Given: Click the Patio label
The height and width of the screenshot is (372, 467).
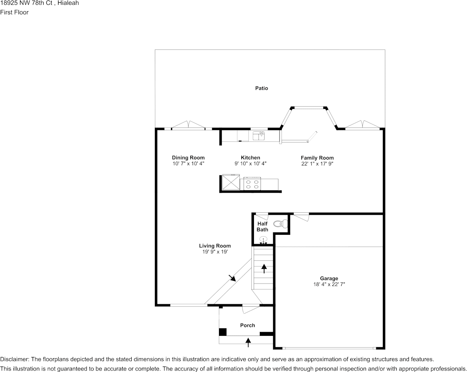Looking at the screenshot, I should click(x=261, y=88).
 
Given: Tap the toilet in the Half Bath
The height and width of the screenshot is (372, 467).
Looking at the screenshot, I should click(x=279, y=224).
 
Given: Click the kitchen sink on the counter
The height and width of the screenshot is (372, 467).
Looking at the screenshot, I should click(x=258, y=136).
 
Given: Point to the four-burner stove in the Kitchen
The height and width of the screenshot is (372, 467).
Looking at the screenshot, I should click(x=252, y=184).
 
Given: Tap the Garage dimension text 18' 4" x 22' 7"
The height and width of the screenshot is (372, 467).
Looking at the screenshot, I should click(x=329, y=284).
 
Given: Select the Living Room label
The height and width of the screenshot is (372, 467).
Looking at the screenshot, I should click(x=215, y=246).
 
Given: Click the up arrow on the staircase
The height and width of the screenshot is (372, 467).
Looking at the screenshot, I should click(x=264, y=269).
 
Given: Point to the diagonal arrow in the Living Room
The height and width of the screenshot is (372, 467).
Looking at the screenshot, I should click(x=232, y=278).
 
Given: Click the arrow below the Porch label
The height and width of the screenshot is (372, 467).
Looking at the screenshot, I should click(x=248, y=342).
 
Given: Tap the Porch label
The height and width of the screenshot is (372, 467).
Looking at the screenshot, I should click(x=248, y=325).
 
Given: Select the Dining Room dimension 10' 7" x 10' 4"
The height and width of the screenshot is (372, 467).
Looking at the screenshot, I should click(x=188, y=163).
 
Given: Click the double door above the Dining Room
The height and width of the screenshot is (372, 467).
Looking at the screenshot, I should click(x=188, y=125).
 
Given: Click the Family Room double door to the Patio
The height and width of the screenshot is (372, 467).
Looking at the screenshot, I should click(x=362, y=125).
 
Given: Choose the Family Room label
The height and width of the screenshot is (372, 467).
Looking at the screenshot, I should click(x=317, y=158).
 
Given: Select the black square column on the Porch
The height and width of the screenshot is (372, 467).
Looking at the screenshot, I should click(x=223, y=331).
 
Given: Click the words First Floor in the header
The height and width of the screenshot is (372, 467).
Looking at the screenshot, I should click(x=14, y=12).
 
